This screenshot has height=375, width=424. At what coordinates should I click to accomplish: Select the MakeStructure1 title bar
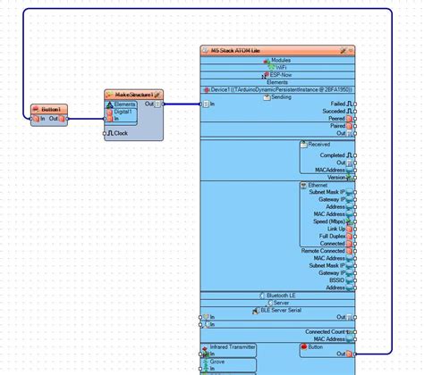coord(130,93)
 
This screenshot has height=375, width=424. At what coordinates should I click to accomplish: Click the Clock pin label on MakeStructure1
coord(120,133)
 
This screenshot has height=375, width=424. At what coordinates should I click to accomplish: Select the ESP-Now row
coord(281,74)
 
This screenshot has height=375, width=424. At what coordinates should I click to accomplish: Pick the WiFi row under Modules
coord(281,67)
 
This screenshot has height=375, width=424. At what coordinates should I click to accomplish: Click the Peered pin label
coord(336,119)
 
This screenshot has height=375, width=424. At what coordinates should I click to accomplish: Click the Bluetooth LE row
coord(281,295)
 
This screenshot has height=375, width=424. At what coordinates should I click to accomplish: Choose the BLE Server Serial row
coord(281,309)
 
